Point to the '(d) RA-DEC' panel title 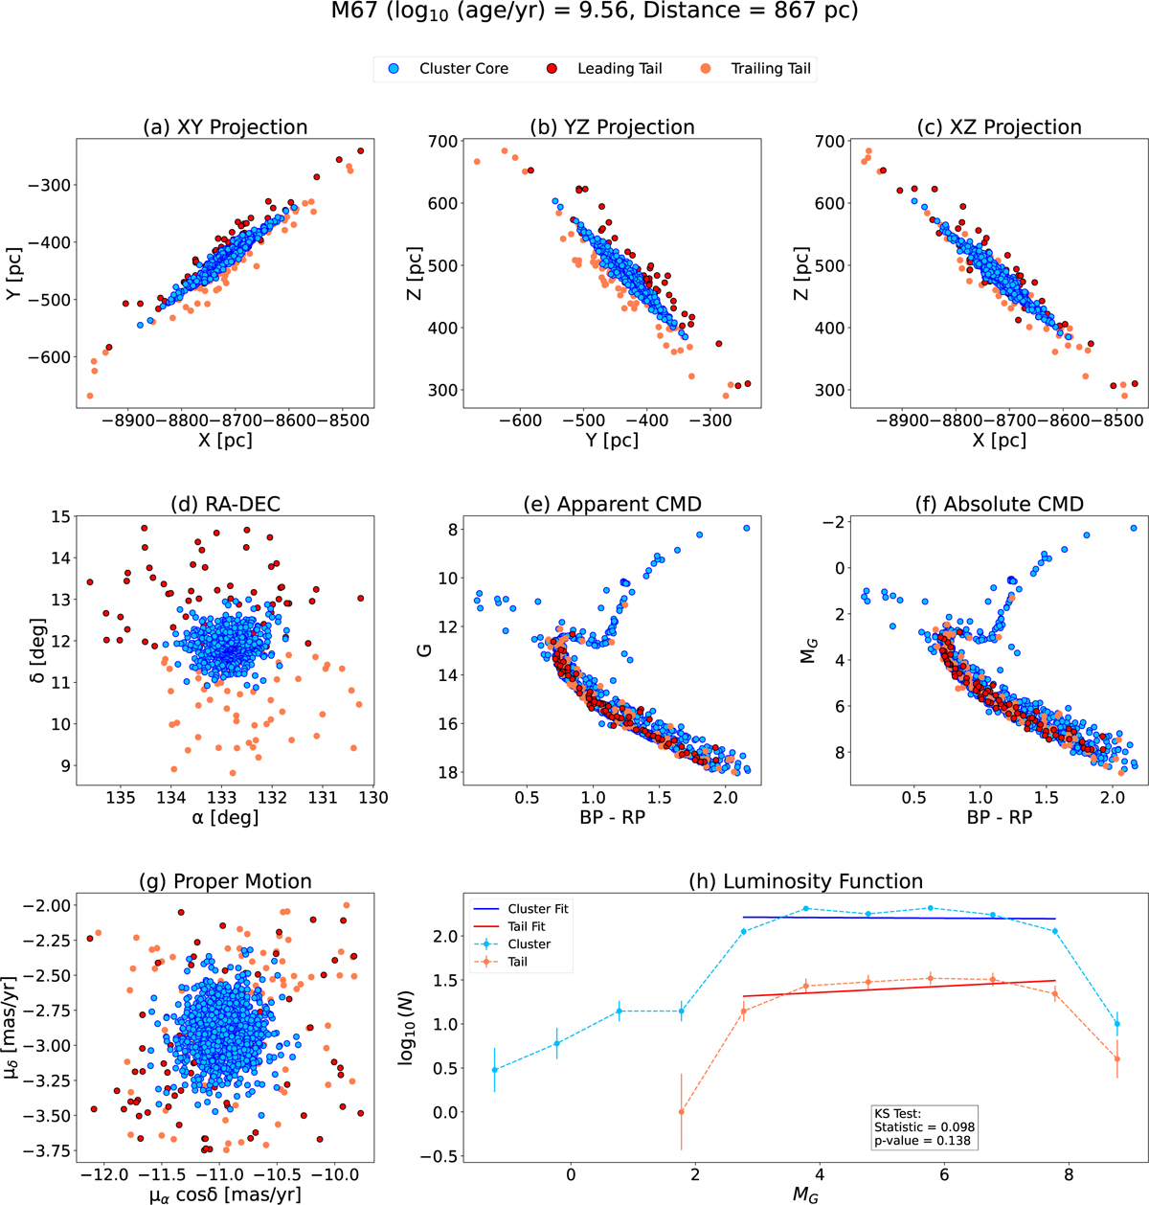(222, 504)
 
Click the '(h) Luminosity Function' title (805, 881)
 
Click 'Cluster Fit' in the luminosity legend (538, 909)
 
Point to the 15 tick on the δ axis (60, 517)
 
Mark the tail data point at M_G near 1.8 (681, 1111)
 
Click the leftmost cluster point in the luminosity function (495, 1070)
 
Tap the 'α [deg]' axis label (222, 818)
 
